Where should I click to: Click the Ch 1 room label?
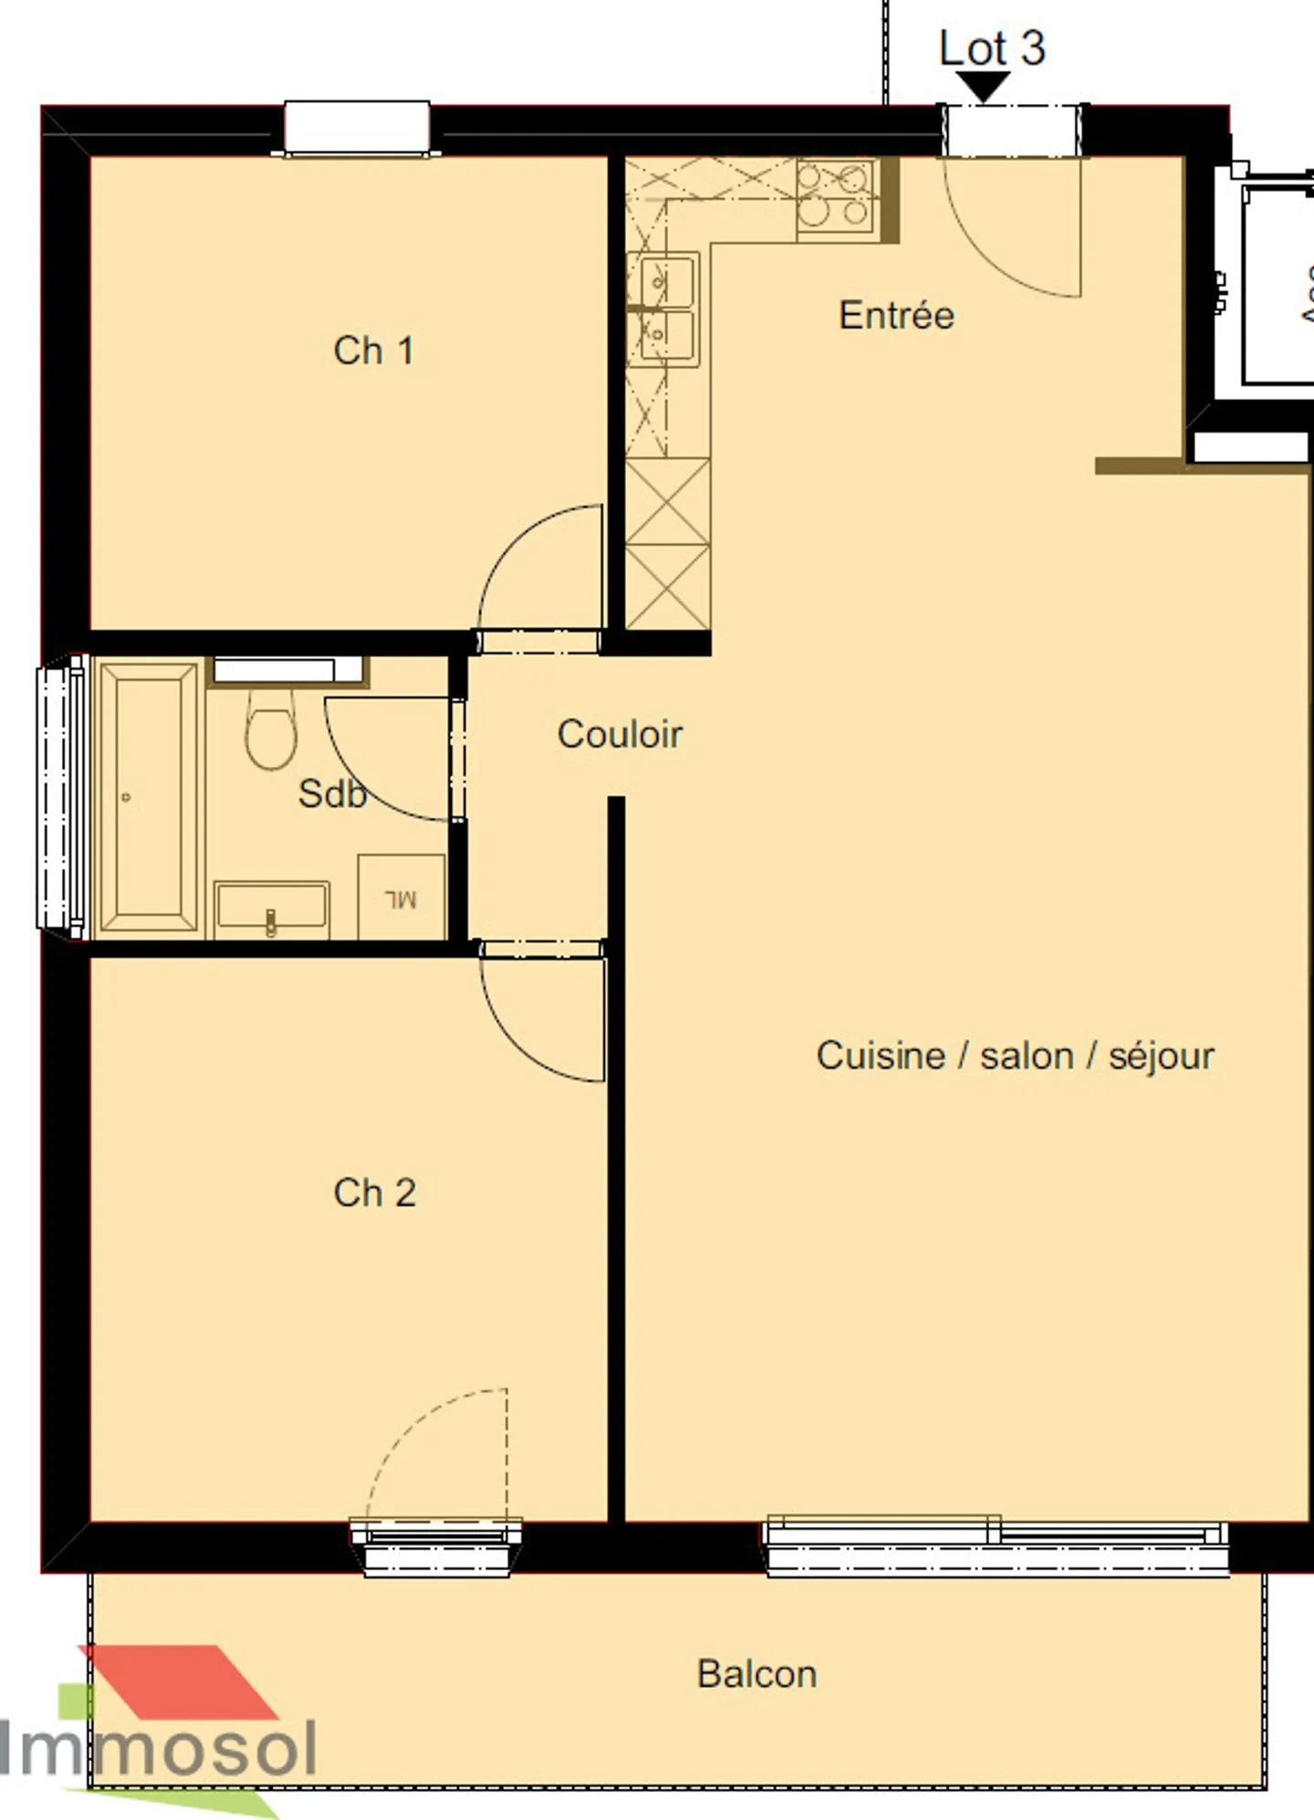(374, 351)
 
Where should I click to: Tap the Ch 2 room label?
(374, 1193)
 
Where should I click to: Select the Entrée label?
(896, 316)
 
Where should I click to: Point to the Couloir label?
(620, 735)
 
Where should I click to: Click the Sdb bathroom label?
(332, 794)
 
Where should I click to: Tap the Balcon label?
(756, 1674)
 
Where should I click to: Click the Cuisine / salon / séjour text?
(1015, 1056)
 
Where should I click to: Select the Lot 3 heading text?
(991, 48)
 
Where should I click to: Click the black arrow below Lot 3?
(984, 87)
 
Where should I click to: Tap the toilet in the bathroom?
(271, 730)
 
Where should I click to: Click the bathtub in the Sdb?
(148, 797)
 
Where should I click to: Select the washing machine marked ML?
(401, 897)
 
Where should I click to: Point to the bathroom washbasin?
(271, 909)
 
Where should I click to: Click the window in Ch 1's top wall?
(357, 127)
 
